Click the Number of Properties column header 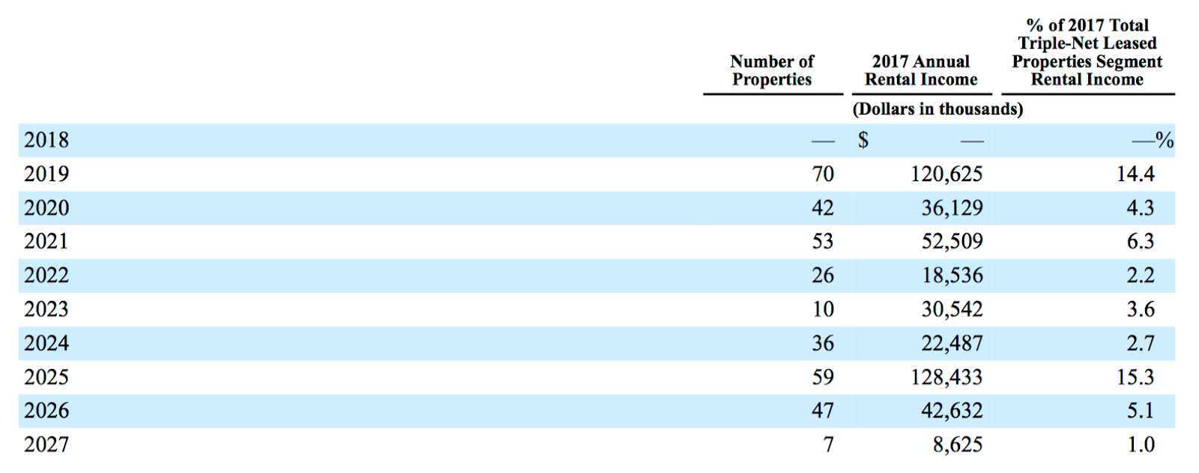(772, 70)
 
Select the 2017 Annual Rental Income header (921, 70)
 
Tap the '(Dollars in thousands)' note (937, 109)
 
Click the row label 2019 (46, 174)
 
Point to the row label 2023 (46, 309)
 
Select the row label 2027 (46, 444)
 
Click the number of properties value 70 (823, 174)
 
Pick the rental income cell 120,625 (947, 174)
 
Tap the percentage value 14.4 (1135, 174)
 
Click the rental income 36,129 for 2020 (952, 208)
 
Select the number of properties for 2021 (823, 241)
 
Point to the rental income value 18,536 (952, 275)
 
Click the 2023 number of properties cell (823, 309)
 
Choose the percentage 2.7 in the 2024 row (1141, 343)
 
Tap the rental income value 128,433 (947, 377)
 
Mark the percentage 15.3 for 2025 (1135, 376)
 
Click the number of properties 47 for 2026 (823, 410)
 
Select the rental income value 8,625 (958, 445)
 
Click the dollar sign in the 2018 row (863, 140)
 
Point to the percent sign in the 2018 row (1165, 140)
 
